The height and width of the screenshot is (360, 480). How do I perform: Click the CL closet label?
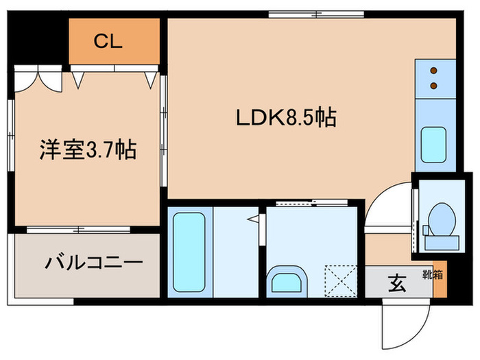pos(108,42)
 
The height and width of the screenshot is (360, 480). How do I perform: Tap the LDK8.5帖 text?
pos(286,118)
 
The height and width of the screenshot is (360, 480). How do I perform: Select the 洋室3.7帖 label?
pos(86,149)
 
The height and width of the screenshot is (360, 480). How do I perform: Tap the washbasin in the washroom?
pos(289,281)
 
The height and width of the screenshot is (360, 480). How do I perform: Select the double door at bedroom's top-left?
pos(38,78)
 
